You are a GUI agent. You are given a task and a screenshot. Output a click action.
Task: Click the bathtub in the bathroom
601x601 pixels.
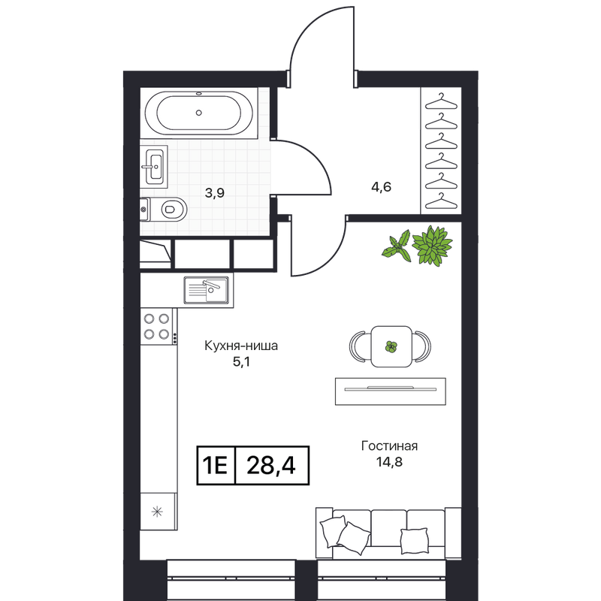click(198, 113)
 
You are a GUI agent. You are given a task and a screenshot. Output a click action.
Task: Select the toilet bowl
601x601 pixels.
click(164, 210)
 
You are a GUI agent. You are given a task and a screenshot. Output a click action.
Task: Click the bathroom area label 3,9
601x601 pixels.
click(214, 193)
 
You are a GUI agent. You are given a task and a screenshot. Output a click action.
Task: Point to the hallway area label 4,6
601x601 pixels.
click(382, 186)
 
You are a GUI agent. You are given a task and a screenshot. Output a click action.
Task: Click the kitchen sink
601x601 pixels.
click(206, 290)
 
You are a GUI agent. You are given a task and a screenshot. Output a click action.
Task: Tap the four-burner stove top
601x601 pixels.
click(159, 326)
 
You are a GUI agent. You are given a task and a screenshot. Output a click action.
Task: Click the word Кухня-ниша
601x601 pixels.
click(241, 346)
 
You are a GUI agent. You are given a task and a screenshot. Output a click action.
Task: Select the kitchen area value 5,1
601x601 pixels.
click(241, 361)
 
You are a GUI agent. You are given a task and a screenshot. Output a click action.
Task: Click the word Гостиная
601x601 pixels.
click(389, 446)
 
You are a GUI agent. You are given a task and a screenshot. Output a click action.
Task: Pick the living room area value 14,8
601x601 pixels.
click(389, 462)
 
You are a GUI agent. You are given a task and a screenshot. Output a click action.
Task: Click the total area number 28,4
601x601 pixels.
click(271, 466)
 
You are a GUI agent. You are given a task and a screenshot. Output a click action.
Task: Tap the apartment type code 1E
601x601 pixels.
click(216, 466)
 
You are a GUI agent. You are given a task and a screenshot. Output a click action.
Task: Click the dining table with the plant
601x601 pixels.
click(391, 346)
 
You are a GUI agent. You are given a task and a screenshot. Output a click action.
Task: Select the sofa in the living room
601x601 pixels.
click(388, 533)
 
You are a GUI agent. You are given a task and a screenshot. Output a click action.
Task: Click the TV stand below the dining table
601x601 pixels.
click(391, 391)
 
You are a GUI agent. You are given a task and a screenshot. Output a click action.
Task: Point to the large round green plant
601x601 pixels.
click(432, 246)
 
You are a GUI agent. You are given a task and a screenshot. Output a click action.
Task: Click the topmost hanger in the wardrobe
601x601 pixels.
click(441, 101)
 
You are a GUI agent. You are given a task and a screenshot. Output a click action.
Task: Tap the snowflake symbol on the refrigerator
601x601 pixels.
click(157, 512)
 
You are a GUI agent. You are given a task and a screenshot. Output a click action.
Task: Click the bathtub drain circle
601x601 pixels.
click(198, 113)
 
